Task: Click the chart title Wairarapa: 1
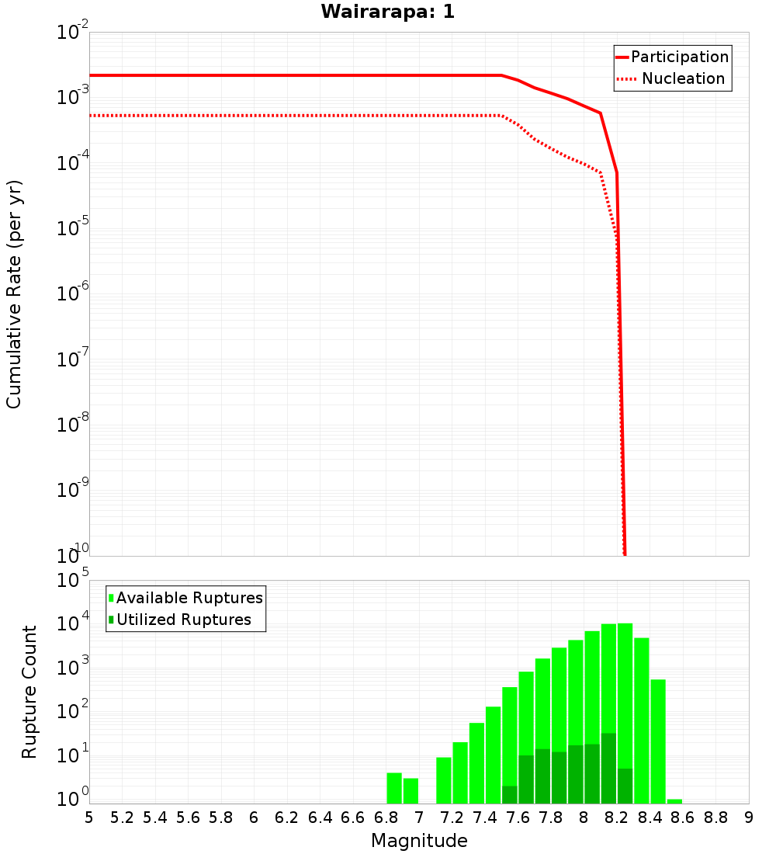point(387,12)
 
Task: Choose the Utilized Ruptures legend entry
point(183,620)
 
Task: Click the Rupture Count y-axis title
point(29,692)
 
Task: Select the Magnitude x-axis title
point(419,841)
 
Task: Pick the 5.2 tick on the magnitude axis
point(122,818)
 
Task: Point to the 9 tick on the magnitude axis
point(748,818)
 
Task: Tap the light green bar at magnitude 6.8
point(394,788)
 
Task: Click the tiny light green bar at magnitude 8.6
point(674,801)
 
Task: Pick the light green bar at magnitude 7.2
point(460,772)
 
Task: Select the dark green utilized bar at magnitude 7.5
point(509,794)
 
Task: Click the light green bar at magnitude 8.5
point(658,741)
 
